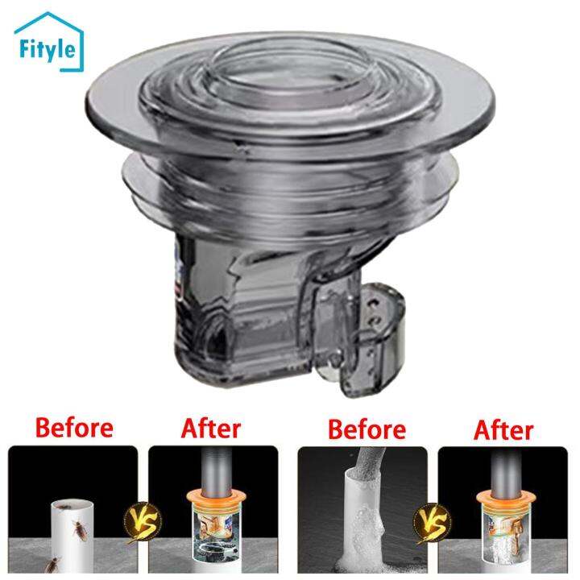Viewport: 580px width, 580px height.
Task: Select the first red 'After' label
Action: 210,428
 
